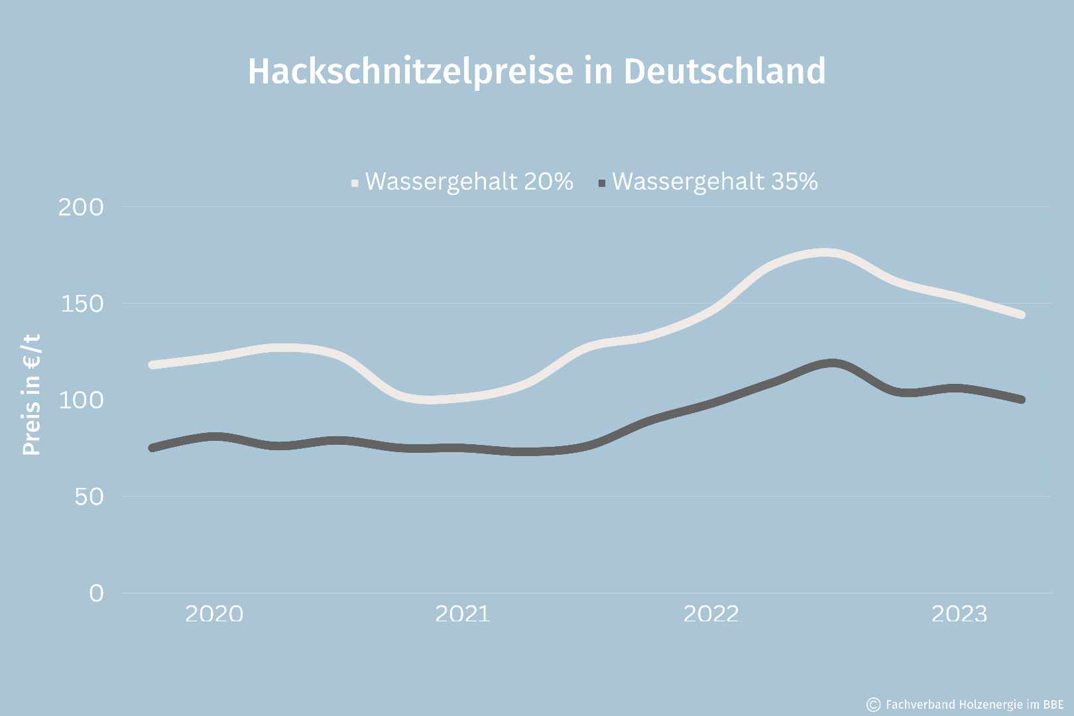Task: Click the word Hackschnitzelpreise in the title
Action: (410, 72)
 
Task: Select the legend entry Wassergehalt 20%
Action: (469, 182)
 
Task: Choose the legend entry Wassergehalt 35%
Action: (715, 182)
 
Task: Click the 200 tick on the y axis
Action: (81, 208)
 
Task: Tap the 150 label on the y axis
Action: (82, 304)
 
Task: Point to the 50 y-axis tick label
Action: (89, 497)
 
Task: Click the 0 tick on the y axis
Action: (96, 593)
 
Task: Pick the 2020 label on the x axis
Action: (214, 614)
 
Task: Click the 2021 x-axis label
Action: (462, 614)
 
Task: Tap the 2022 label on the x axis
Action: (711, 614)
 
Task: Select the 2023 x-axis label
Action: (959, 614)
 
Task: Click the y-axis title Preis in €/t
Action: (31, 394)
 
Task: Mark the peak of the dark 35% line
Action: (832, 363)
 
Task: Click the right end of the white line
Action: (1021, 314)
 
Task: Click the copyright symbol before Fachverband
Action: (874, 704)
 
